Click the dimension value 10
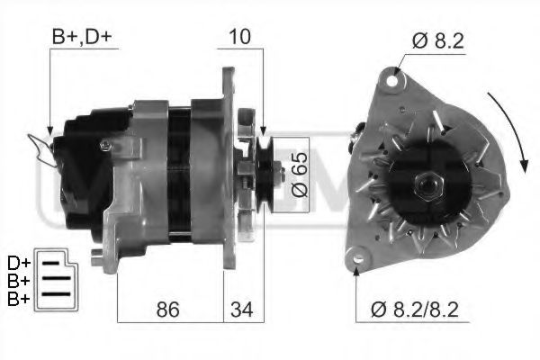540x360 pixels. pyautogui.click(x=240, y=38)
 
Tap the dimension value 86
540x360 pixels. pyautogui.click(x=168, y=310)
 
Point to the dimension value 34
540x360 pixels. pyautogui.click(x=240, y=310)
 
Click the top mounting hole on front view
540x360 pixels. pyautogui.click(x=392, y=82)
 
